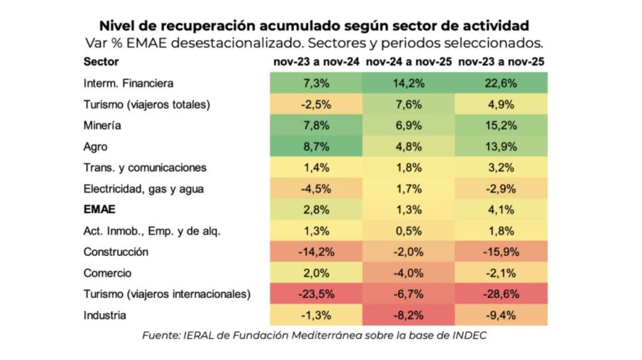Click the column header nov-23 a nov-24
pos(316,62)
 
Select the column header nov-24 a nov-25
pos(409,62)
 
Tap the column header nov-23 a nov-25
pos(501,62)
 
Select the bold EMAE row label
pos(99,210)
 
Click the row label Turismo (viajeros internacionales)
pos(168,294)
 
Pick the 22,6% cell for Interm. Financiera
pos(501,83)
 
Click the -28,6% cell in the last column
pos(501,294)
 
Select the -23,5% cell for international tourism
pos(316,294)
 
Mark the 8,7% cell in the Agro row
pos(316,147)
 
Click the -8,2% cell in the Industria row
pos(409,315)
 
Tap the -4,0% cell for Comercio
pos(409,273)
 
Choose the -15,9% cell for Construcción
pos(501,252)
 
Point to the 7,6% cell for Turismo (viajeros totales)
pos(409,105)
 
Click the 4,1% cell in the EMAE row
pos(501,210)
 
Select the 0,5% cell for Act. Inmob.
pos(409,231)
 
